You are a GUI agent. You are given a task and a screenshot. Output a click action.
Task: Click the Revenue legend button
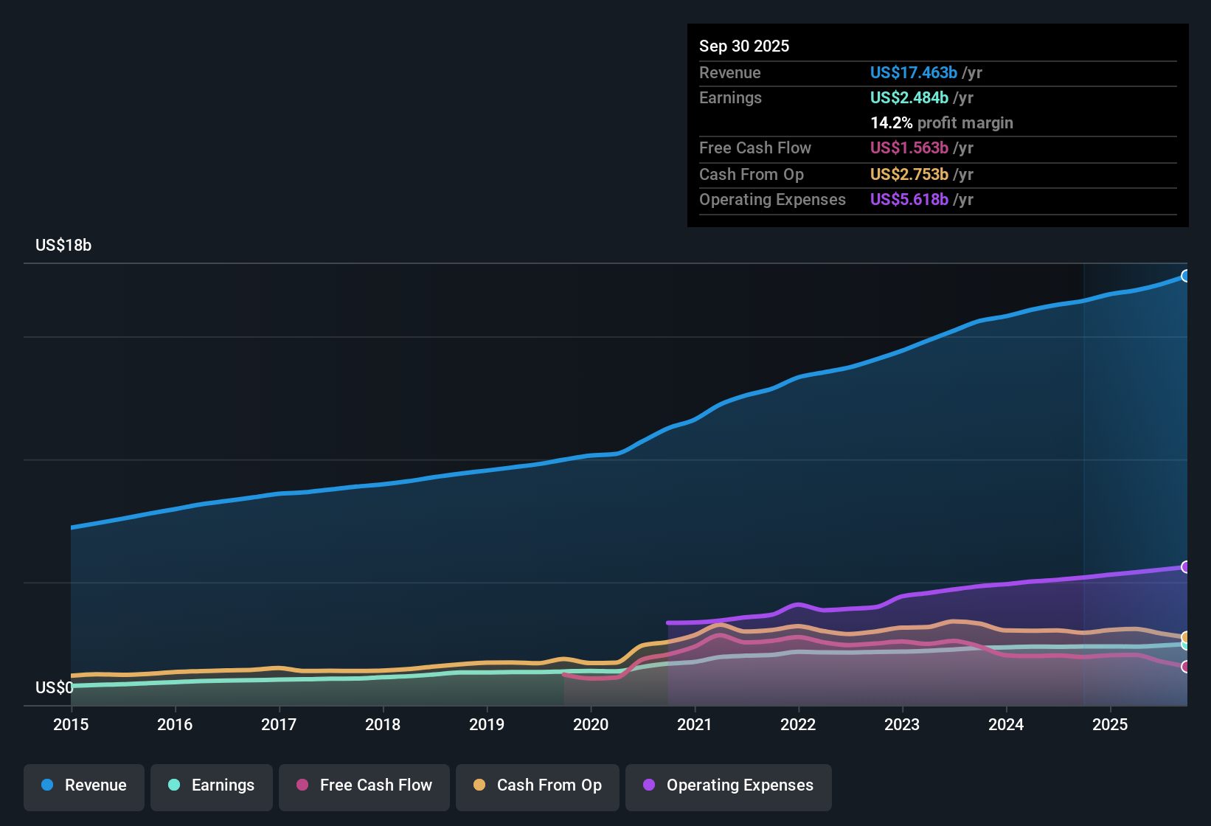[84, 785]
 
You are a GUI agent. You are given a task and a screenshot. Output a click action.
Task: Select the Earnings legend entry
[212, 785]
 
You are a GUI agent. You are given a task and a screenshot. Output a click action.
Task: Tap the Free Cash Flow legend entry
[364, 785]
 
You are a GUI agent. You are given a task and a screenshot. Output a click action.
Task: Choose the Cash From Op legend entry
[538, 785]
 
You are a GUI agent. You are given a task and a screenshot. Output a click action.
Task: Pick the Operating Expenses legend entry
[729, 785]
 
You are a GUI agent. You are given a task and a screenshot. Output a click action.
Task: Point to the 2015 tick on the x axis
[71, 724]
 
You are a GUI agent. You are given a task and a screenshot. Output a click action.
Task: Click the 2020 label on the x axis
[591, 724]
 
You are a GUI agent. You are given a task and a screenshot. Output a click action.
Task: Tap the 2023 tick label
[902, 724]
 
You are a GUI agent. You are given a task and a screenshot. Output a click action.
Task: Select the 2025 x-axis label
[1110, 724]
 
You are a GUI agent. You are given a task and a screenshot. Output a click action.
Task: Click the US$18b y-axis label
[63, 246]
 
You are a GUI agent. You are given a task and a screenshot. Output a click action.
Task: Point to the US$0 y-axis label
[55, 688]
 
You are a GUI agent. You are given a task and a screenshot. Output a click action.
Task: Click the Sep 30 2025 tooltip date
[744, 46]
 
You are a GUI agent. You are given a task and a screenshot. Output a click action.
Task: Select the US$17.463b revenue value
[913, 73]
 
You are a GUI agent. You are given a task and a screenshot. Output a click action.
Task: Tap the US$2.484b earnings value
[909, 98]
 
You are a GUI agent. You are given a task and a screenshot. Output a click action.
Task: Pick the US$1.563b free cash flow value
[909, 148]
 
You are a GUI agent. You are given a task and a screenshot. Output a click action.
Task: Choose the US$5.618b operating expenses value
[909, 200]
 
